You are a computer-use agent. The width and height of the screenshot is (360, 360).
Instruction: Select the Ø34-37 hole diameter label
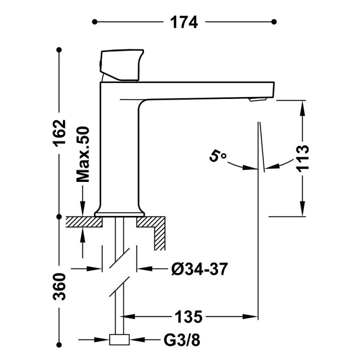coord(198,269)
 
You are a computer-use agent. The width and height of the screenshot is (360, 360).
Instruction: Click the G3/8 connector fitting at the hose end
coord(120,340)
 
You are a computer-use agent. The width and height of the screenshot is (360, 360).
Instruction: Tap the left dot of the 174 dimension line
coord(95,22)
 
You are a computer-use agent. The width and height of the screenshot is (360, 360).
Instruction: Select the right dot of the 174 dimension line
coord(274,22)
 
